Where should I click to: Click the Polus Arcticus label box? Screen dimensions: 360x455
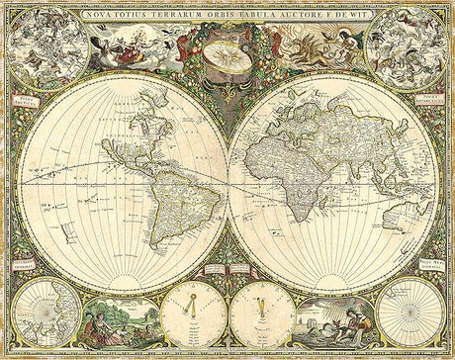(27, 100)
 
